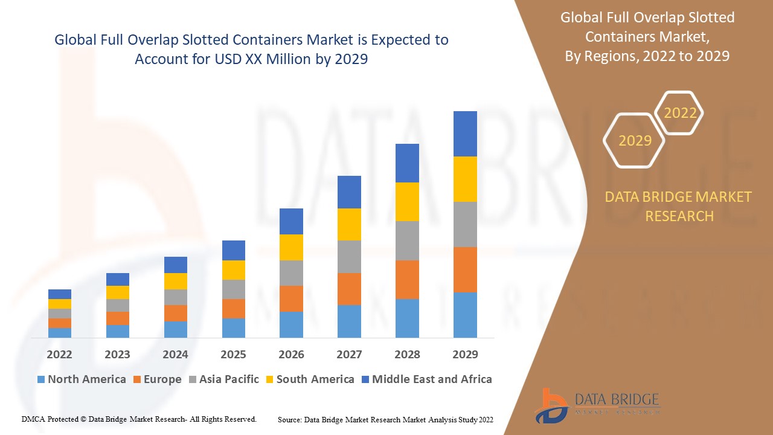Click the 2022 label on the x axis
[59, 354]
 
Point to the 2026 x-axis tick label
[291, 354]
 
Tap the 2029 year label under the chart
[465, 354]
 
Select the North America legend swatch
[41, 379]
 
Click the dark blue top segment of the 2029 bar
[465, 134]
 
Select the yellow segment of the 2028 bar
[407, 201]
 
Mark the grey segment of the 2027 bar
[349, 256]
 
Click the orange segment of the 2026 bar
[291, 298]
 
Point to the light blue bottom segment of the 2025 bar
[233, 327]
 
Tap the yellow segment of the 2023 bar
[117, 292]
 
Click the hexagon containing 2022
[680, 113]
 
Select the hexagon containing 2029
[634, 140]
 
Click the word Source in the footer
[290, 419]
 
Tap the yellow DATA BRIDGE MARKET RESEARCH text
[679, 206]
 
